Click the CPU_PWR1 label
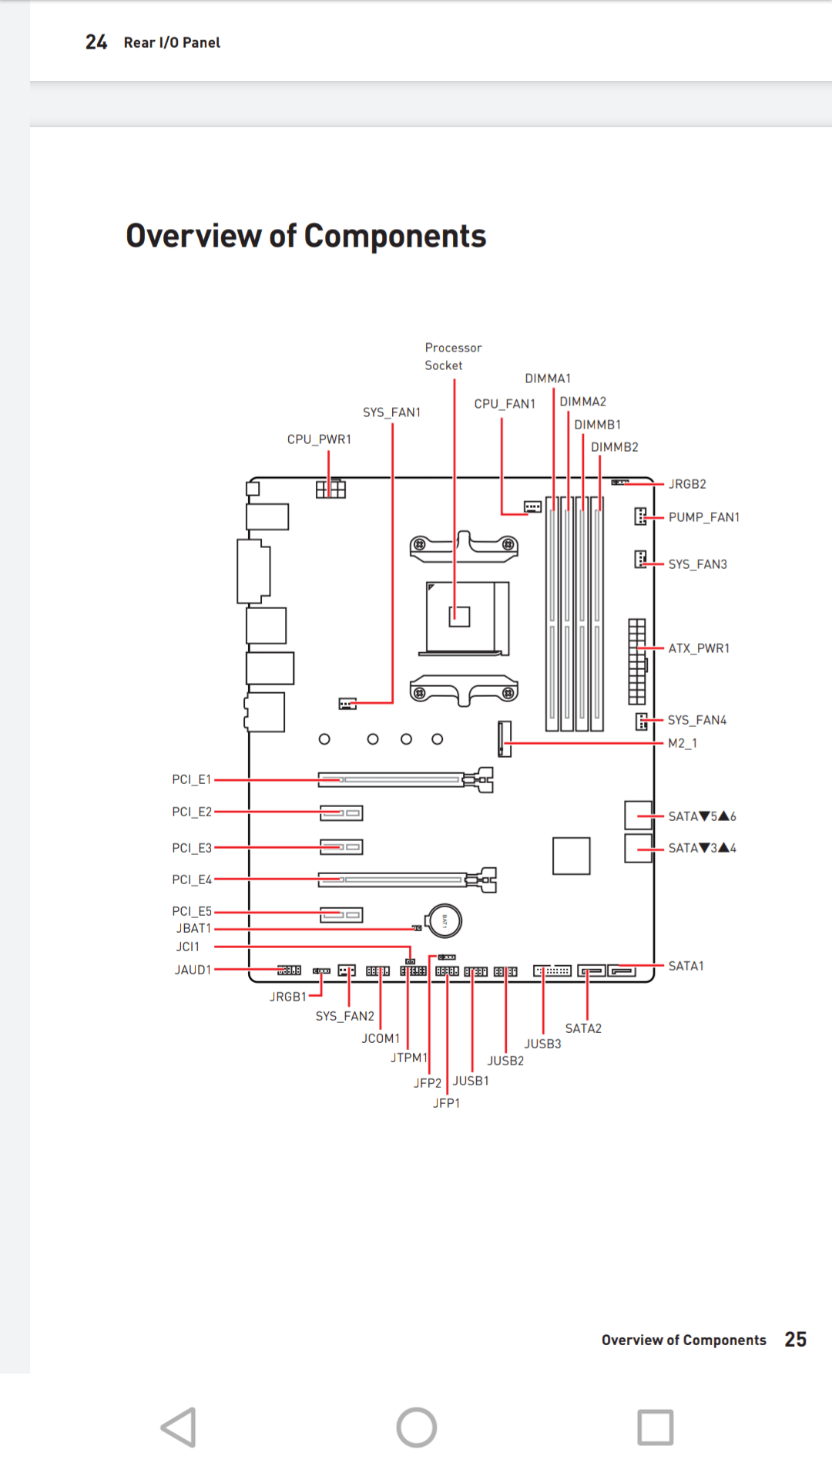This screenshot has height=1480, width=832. pos(319,439)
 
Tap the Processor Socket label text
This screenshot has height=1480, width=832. pos(453,357)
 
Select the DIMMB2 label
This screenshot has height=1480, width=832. pos(614,447)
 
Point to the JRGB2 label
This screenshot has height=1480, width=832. pos(687,484)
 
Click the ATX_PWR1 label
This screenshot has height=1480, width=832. pos(699,648)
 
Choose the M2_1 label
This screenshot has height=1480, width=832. pos(682,743)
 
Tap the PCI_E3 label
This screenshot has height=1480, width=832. pos(191,848)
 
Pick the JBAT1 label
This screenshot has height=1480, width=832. pos(193,929)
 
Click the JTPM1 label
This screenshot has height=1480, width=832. pos(408,1058)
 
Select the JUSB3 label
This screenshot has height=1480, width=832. pos(542,1044)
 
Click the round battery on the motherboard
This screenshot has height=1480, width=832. pos(445,920)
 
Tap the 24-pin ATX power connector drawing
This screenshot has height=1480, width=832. pos(636,661)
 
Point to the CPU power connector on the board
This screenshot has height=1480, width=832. pos(330,489)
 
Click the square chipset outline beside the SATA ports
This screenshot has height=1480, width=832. pos(571,856)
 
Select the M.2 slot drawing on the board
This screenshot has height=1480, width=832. pos(505,738)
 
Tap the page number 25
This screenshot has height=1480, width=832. pos(795,1340)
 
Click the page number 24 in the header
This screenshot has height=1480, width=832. pos(96,42)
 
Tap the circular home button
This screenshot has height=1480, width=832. pos(416,1428)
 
